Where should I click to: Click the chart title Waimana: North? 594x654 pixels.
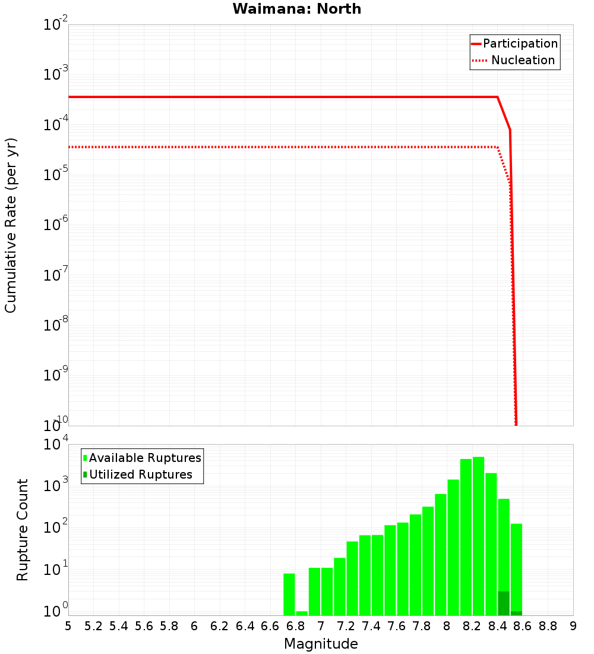(x=297, y=9)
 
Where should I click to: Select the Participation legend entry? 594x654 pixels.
(x=520, y=43)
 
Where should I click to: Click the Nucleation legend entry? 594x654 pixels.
(x=522, y=60)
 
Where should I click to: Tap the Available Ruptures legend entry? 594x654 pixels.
(x=144, y=458)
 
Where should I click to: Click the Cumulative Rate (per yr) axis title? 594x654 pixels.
(x=11, y=225)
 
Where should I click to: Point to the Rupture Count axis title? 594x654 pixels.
(x=23, y=530)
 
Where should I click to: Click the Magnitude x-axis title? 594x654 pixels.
(x=321, y=644)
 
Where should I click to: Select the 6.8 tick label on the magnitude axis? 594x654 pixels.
(x=295, y=626)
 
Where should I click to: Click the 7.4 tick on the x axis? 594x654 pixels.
(x=371, y=626)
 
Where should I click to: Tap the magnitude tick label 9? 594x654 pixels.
(x=573, y=626)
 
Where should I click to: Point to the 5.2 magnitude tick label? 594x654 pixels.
(x=93, y=626)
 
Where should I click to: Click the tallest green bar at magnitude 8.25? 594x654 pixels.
(x=478, y=535)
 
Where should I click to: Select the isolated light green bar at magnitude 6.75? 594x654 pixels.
(x=289, y=595)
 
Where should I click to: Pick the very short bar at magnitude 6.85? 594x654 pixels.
(x=302, y=613)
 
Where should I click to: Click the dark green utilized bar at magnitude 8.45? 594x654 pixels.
(x=504, y=603)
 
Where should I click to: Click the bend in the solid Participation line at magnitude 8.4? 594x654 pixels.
(x=497, y=97)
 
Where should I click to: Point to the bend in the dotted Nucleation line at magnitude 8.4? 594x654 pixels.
(x=497, y=147)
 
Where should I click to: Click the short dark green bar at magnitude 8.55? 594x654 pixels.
(x=516, y=613)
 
